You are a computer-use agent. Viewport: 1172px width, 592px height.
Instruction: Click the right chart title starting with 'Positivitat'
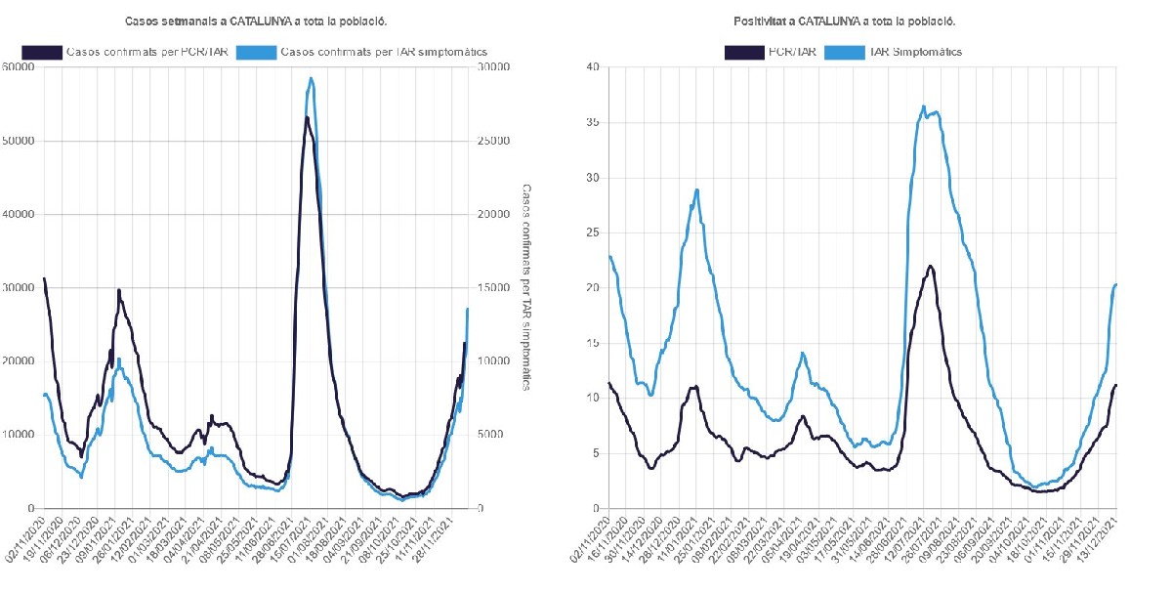(844, 21)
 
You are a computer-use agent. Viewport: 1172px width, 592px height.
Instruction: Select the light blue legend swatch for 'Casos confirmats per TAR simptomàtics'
(255, 51)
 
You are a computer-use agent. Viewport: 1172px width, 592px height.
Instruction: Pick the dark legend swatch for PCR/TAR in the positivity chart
(745, 51)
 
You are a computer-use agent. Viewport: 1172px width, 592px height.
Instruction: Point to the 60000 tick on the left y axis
(20, 67)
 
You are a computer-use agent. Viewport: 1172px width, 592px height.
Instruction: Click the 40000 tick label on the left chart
(20, 215)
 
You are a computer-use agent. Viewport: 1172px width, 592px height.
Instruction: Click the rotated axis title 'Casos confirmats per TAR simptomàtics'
(525, 288)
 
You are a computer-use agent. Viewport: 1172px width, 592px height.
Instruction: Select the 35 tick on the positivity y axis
(591, 123)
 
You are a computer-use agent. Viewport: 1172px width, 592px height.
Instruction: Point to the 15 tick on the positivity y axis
(591, 343)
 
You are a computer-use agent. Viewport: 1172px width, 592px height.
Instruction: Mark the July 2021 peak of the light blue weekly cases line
(311, 78)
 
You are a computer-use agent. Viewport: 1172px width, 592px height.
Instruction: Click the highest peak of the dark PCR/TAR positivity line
(931, 266)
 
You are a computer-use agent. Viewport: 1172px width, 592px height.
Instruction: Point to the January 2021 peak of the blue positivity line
(696, 190)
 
